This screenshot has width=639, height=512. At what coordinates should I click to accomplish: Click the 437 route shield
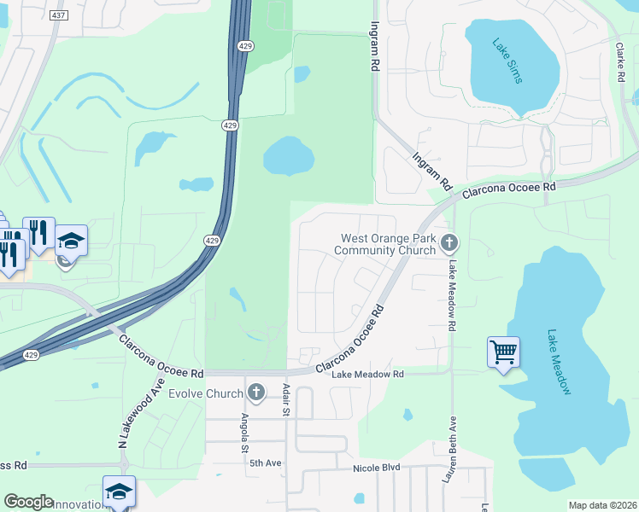(56, 16)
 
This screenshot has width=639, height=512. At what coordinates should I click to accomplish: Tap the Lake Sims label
(511, 61)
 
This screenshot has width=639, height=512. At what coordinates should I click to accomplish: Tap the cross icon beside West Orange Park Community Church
(449, 245)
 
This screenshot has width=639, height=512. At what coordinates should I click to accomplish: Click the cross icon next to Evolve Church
(255, 393)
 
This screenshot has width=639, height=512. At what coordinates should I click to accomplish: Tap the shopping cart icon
(503, 351)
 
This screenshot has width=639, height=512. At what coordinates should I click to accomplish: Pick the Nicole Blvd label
(377, 468)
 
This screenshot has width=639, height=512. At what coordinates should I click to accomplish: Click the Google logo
(28, 502)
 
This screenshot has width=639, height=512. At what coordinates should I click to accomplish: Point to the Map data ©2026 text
(601, 505)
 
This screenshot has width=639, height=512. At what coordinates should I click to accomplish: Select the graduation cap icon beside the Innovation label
(119, 492)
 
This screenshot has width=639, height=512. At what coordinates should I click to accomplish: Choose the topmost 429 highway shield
(244, 46)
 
